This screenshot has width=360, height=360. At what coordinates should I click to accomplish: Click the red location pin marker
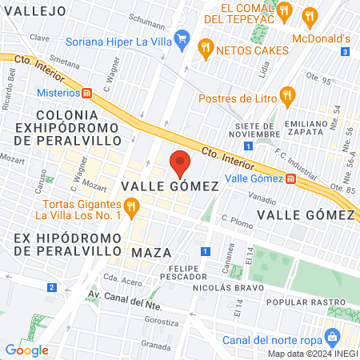[x=180, y=163]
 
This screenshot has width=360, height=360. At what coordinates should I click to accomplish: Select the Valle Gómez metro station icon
[x=290, y=178]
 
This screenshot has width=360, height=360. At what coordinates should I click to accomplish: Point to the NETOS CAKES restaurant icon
[x=206, y=48]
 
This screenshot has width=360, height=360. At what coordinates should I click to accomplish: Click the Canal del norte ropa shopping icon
[x=330, y=337]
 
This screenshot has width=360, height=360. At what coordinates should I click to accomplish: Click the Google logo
[x=26, y=350]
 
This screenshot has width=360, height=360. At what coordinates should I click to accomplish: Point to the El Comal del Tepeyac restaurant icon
[x=309, y=14]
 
